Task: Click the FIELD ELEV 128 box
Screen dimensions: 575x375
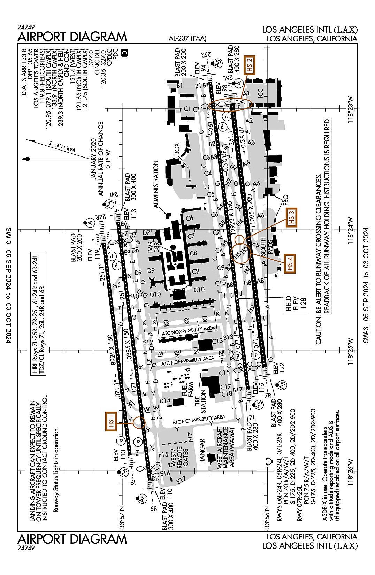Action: pyautogui.click(x=296, y=303)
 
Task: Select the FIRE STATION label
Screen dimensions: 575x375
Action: pyautogui.click(x=200, y=402)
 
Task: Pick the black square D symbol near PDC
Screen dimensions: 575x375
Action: pyautogui.click(x=125, y=53)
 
